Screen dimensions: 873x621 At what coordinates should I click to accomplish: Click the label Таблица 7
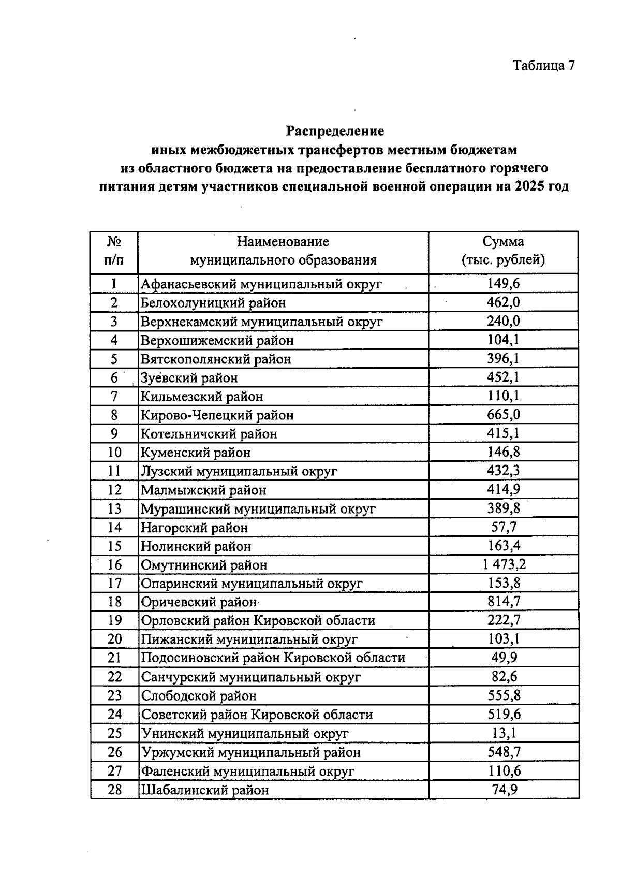click(543, 65)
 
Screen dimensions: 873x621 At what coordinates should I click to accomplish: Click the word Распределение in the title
click(335, 131)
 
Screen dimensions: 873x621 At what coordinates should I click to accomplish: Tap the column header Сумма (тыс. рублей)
click(503, 251)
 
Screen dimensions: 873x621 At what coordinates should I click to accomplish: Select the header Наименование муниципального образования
click(283, 251)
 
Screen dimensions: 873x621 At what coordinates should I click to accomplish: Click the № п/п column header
click(114, 251)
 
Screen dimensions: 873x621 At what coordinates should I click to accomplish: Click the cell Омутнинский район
click(204, 565)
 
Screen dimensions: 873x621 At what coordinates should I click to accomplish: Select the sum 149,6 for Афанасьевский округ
click(504, 283)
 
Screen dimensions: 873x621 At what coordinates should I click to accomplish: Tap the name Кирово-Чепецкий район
click(217, 415)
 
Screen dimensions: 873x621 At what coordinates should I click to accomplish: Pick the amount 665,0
click(504, 415)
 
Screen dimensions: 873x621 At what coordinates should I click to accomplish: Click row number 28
click(114, 790)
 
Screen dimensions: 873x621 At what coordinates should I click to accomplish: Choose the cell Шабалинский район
click(205, 790)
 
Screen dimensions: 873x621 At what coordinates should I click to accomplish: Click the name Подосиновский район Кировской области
click(273, 658)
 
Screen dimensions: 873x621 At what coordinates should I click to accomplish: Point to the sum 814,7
click(504, 602)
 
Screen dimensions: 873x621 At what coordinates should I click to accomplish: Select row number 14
click(114, 527)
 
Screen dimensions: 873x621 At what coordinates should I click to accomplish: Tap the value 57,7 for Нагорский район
click(504, 527)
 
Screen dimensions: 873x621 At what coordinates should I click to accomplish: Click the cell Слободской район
click(199, 696)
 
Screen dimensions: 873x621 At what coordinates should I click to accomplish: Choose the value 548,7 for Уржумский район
click(504, 752)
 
